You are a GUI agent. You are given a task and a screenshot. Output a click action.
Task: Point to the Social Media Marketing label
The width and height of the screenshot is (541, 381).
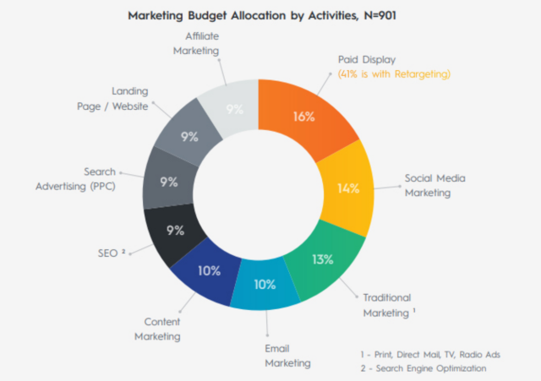click(x=434, y=185)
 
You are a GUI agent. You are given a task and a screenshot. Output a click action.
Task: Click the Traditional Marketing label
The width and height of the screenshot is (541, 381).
click(x=388, y=305)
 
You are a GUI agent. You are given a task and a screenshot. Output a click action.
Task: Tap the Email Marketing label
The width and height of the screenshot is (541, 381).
click(x=288, y=356)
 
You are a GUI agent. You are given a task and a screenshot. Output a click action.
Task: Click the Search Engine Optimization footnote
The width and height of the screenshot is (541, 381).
click(x=423, y=369)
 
